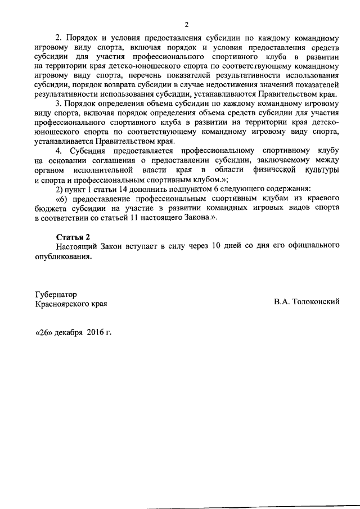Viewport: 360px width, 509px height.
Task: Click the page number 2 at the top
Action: (186, 24)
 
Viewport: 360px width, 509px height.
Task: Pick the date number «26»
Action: (44, 332)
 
